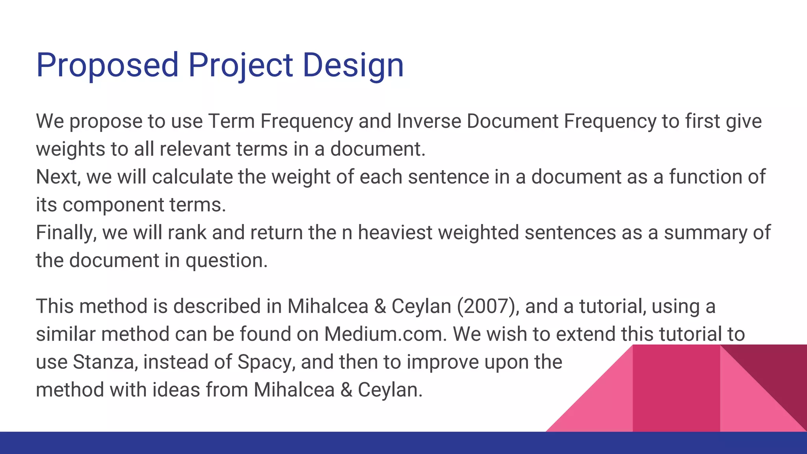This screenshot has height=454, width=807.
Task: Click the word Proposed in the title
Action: click(x=107, y=65)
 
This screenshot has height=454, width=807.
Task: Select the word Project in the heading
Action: click(x=240, y=65)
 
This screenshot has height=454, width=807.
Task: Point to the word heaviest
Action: click(x=395, y=233)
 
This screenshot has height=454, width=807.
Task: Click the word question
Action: click(x=226, y=260)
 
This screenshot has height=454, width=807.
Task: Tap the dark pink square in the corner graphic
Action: click(x=676, y=388)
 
